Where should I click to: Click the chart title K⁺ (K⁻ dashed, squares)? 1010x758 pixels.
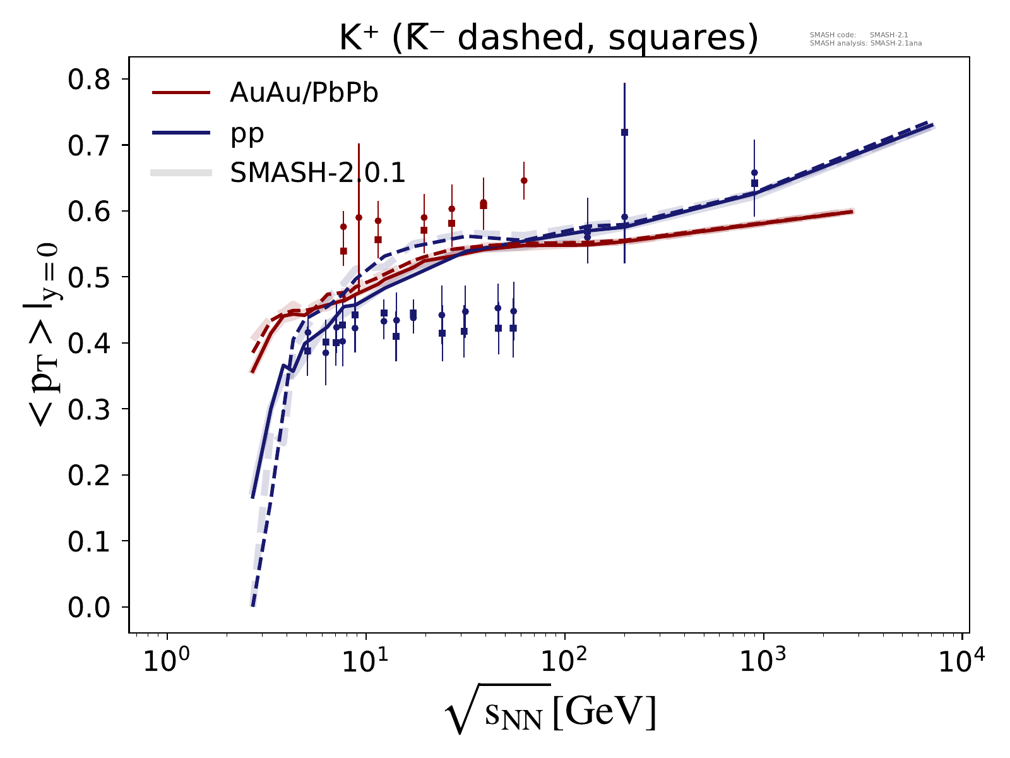pyautogui.click(x=548, y=39)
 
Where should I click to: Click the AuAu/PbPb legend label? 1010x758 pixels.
pyautogui.click(x=304, y=93)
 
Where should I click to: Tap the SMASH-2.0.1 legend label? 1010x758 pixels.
pyautogui.click(x=318, y=172)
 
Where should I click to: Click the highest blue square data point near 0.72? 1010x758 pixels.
pyautogui.click(x=624, y=132)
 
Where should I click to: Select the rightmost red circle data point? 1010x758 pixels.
pyautogui.click(x=523, y=181)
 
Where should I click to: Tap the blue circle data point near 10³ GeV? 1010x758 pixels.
pyautogui.click(x=754, y=172)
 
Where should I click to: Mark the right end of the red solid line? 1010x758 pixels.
pyautogui.click(x=852, y=211)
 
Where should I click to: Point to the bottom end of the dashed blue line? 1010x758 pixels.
pyautogui.click(x=252, y=605)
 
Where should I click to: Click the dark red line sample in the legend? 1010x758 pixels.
pyautogui.click(x=181, y=93)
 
